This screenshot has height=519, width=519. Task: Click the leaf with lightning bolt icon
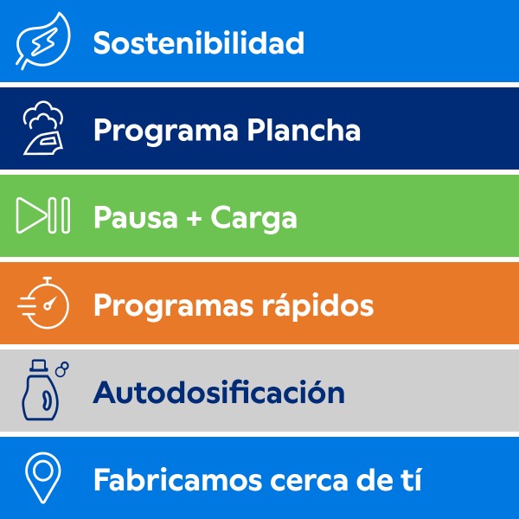point(43,41)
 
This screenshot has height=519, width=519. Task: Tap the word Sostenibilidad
point(199,42)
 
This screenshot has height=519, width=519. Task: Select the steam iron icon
point(44,142)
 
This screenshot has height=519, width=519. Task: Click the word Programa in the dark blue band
point(166,131)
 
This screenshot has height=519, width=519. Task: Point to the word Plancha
point(304,130)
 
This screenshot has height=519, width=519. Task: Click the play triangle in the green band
point(31,215)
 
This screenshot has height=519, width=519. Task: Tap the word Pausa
point(136,217)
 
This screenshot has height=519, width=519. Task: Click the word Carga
point(253,219)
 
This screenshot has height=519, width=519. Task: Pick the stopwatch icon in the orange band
point(44,303)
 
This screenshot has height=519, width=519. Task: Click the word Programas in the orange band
point(174,307)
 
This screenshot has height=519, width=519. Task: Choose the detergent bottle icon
point(41,390)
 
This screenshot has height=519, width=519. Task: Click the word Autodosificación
point(219,392)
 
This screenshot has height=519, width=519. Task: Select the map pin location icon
point(43,477)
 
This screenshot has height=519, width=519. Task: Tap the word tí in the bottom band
point(413,479)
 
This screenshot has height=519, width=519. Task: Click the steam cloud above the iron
point(43,114)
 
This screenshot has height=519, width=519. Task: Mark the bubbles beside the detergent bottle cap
point(62,369)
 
